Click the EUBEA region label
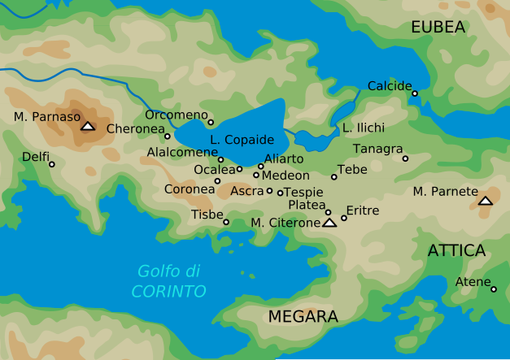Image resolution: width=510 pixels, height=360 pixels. tap(438, 28)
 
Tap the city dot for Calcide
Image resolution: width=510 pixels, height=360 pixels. tap(414, 93)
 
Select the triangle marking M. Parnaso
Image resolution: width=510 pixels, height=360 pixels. tap(88, 126)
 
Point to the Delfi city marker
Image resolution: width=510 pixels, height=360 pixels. tap(52, 164)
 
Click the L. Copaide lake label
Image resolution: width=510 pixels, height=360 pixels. tap(242, 140)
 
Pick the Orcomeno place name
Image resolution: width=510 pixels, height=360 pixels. tap(177, 115)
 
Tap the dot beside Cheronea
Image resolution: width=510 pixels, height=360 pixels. tap(168, 136)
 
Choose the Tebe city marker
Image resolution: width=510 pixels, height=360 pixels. tap(333, 176)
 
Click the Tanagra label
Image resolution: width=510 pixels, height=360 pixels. tap(377, 149)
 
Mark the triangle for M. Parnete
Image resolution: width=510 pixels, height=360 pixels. tap(486, 200)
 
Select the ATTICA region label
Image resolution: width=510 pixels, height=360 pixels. tap(456, 250)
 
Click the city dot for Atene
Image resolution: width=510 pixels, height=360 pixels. tap(494, 288)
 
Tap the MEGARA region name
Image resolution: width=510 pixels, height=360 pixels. tap(303, 316)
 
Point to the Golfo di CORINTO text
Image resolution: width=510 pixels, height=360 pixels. tap(169, 281)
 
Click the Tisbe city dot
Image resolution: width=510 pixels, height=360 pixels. tap(226, 222)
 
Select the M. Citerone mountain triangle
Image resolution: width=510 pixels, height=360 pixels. tap(329, 223)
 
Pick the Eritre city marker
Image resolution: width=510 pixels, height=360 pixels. tap(344, 218)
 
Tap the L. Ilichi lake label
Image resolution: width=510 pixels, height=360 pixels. tap(363, 128)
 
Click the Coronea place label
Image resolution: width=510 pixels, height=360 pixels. tap(189, 189)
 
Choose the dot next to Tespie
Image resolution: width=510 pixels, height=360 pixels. tap(280, 193)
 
